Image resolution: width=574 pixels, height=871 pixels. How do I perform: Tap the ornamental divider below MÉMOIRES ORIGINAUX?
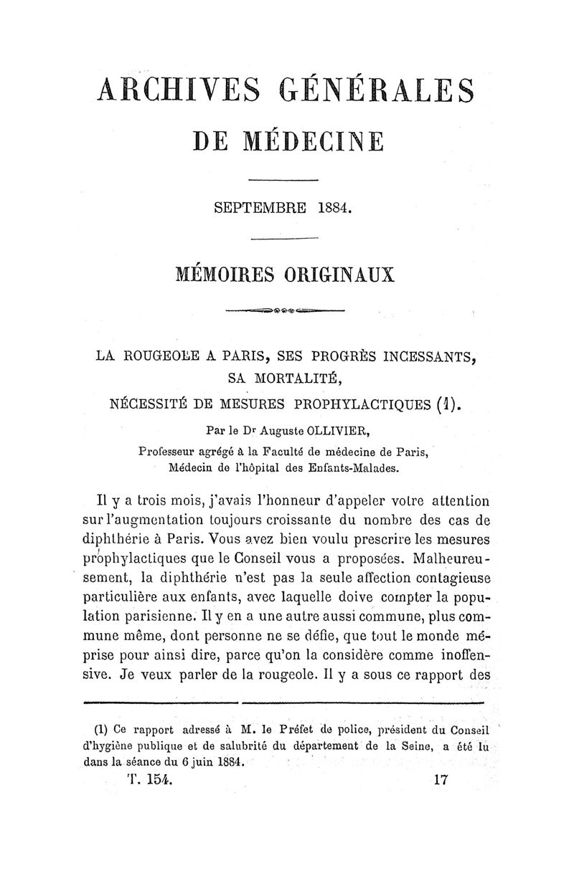coord(286,312)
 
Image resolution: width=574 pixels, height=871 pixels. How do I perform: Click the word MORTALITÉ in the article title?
coord(304,378)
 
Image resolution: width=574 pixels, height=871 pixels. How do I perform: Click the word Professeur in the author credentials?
coord(171,451)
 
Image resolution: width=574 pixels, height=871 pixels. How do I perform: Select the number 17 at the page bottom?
coord(441,781)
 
